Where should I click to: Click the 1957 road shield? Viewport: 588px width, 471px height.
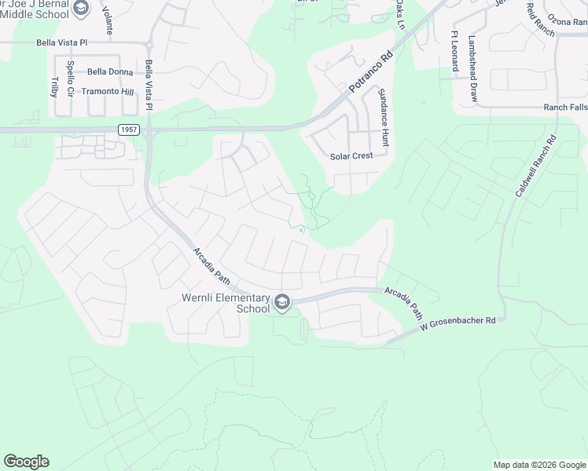[128, 129]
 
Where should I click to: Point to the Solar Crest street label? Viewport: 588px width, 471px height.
[351, 156]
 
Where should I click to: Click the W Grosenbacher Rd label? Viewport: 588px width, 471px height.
[458, 322]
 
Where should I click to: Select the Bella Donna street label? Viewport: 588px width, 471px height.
[109, 71]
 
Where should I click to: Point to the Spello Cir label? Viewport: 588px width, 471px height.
[70, 76]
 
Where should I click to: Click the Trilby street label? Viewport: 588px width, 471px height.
[54, 86]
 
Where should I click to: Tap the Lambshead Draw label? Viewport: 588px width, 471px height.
[473, 57]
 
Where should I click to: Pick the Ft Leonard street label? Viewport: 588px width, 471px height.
[454, 51]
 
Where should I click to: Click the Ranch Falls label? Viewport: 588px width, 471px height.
[565, 108]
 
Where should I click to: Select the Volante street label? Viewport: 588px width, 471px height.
[108, 16]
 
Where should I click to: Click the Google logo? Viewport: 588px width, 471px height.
[26, 462]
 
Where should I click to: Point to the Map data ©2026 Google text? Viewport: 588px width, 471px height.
[539, 465]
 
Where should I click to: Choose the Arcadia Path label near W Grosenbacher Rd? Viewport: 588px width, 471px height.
[404, 301]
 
